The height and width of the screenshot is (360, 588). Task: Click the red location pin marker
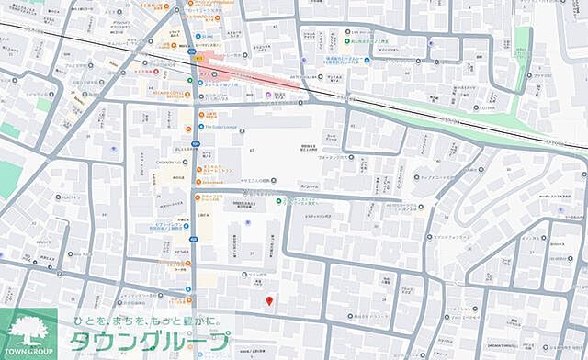(268, 300)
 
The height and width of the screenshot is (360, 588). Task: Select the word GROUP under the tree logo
(40, 353)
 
